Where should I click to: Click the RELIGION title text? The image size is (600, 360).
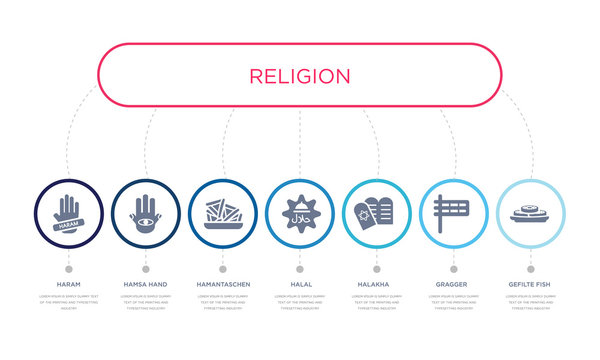click(x=299, y=76)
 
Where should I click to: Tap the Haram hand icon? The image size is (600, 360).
click(x=68, y=213)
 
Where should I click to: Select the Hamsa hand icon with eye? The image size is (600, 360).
click(x=145, y=213)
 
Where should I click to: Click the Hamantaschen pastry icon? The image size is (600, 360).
click(x=222, y=213)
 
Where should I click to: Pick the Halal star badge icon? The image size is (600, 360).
click(x=299, y=213)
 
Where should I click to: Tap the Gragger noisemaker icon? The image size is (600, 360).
click(x=453, y=213)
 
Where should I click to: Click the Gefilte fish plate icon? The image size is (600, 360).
click(x=530, y=213)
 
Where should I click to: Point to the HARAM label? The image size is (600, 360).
click(x=68, y=285)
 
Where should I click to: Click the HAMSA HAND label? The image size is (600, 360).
click(x=145, y=285)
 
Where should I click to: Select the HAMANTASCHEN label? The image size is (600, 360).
click(x=222, y=285)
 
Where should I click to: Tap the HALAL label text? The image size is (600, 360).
click(x=299, y=285)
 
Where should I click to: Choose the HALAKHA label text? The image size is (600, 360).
click(x=376, y=285)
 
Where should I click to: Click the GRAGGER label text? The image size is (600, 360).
click(x=453, y=285)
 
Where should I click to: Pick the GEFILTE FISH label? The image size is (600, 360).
click(x=530, y=285)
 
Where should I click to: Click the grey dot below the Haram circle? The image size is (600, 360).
click(x=68, y=268)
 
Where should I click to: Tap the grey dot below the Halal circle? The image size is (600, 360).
click(x=299, y=268)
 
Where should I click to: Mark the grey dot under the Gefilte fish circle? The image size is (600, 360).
click(x=530, y=268)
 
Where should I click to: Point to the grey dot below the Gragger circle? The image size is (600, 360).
click(x=453, y=268)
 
